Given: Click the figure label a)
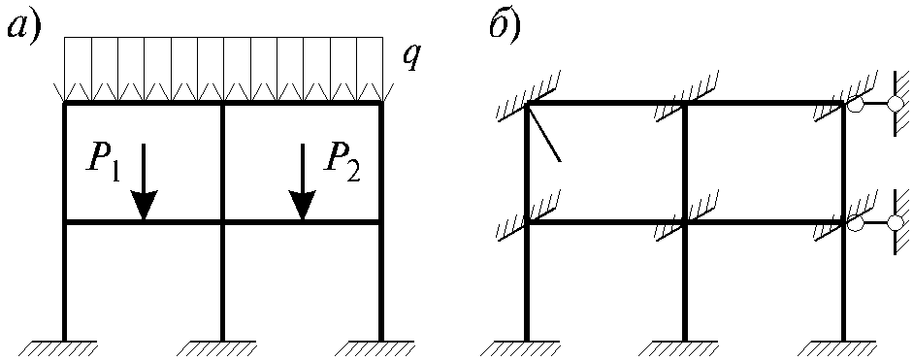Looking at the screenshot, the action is pos(23,27).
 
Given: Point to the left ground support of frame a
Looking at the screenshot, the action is pos(64,348).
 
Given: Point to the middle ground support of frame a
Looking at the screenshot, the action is pos(222,348).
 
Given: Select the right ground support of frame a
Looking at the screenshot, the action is pos(380,348).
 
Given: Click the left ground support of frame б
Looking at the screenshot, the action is pos(527,348).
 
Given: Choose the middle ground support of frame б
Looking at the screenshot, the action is pos(685,348).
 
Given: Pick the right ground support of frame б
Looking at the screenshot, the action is pos(843,348).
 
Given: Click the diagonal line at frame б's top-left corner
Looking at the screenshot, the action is pos(544,132).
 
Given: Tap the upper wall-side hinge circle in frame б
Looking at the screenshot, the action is pos(894,104).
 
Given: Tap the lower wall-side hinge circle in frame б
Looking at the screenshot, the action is pos(894,222).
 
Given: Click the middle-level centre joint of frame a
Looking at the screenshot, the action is pos(222,222).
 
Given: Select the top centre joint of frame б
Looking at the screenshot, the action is pos(685,104).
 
